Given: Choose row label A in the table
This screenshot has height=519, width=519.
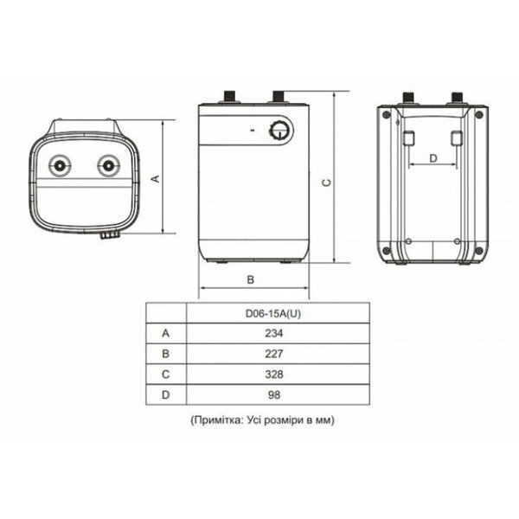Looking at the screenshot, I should tap(166, 332).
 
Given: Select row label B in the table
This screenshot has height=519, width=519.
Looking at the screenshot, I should tap(166, 353).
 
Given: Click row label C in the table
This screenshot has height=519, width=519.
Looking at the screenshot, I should tap(166, 374).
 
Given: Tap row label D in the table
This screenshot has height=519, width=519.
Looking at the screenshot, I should tap(166, 394).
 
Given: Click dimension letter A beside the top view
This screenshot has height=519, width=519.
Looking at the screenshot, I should tap(155, 178).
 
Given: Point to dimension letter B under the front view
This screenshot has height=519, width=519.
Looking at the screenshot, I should tap(250, 279).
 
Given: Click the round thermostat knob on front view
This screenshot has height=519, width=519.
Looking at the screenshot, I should tap(279, 131).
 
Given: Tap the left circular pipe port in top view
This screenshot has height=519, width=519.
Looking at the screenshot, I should tap(60, 164).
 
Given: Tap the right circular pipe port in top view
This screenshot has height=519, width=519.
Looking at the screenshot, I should tap(107, 164).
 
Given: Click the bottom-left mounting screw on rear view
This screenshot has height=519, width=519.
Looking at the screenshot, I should tap(386, 251).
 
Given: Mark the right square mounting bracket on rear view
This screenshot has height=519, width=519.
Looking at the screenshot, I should tap(457, 138).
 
